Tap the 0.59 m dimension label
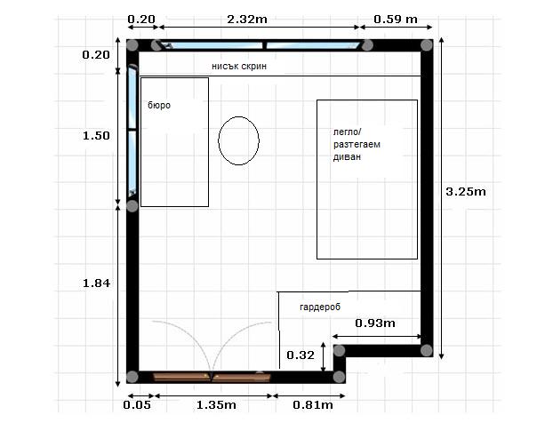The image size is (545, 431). (396, 19)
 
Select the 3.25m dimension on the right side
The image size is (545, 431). (465, 191)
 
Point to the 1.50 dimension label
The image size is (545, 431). (95, 135)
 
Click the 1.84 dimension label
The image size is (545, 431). (95, 283)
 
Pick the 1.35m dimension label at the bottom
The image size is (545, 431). (215, 405)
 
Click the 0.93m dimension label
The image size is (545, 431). (374, 322)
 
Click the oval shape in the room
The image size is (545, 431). (238, 141)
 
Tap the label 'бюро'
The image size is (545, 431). (159, 105)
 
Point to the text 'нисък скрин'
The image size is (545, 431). (238, 67)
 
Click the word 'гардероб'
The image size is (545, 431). (322, 303)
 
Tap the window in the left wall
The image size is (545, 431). (132, 132)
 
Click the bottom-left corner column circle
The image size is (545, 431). (132, 376)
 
